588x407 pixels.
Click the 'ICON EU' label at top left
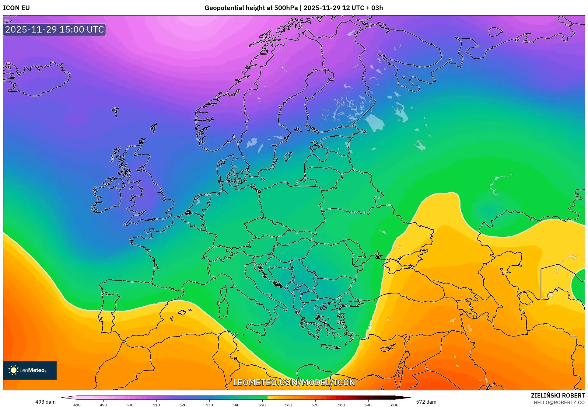[x=16, y=8]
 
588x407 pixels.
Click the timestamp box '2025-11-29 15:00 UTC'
[x=54, y=30]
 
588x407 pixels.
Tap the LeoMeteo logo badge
[x=30, y=370]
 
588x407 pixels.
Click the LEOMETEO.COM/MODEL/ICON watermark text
[x=294, y=383]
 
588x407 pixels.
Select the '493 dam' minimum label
[x=45, y=402]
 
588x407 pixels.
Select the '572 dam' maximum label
[x=426, y=402]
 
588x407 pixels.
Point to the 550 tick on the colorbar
[x=262, y=405]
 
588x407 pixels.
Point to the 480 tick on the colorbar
[x=77, y=405]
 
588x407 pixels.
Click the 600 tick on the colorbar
[x=394, y=405]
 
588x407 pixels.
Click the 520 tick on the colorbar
[x=183, y=405]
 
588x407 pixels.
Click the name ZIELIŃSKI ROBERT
[x=558, y=395]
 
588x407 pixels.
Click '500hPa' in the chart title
[x=286, y=8]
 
